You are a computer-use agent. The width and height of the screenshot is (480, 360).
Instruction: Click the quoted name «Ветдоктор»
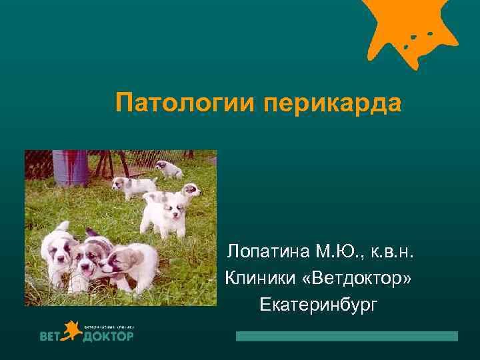tap(359, 277)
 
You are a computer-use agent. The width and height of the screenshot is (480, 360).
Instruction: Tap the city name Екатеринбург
tap(319, 304)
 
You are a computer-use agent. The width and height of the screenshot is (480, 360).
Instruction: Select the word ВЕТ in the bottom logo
tap(51, 336)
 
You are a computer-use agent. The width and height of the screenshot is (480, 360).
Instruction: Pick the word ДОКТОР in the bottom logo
tap(109, 336)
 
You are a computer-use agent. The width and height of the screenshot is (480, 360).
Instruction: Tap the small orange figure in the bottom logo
tap(71, 333)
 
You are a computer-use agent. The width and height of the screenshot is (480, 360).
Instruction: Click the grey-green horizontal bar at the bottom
tap(347, 336)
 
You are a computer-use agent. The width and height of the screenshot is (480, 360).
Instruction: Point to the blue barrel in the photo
tap(70, 167)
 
